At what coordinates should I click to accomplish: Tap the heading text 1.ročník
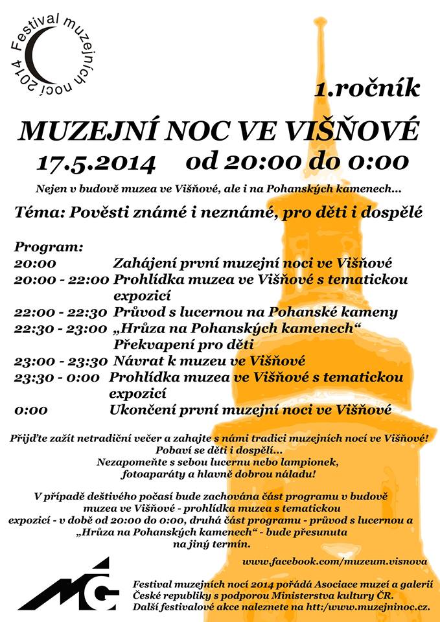[367, 89]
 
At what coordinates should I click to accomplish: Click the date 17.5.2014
[96, 161]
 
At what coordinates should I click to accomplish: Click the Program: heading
[49, 248]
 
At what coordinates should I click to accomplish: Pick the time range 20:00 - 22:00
[61, 280]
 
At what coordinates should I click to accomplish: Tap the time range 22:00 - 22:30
[60, 312]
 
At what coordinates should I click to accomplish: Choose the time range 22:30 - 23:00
[60, 328]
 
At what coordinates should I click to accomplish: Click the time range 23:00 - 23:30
[60, 361]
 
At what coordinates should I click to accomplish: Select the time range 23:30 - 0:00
[57, 377]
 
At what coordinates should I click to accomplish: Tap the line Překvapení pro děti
[183, 344]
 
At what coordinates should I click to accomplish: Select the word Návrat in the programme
[138, 361]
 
